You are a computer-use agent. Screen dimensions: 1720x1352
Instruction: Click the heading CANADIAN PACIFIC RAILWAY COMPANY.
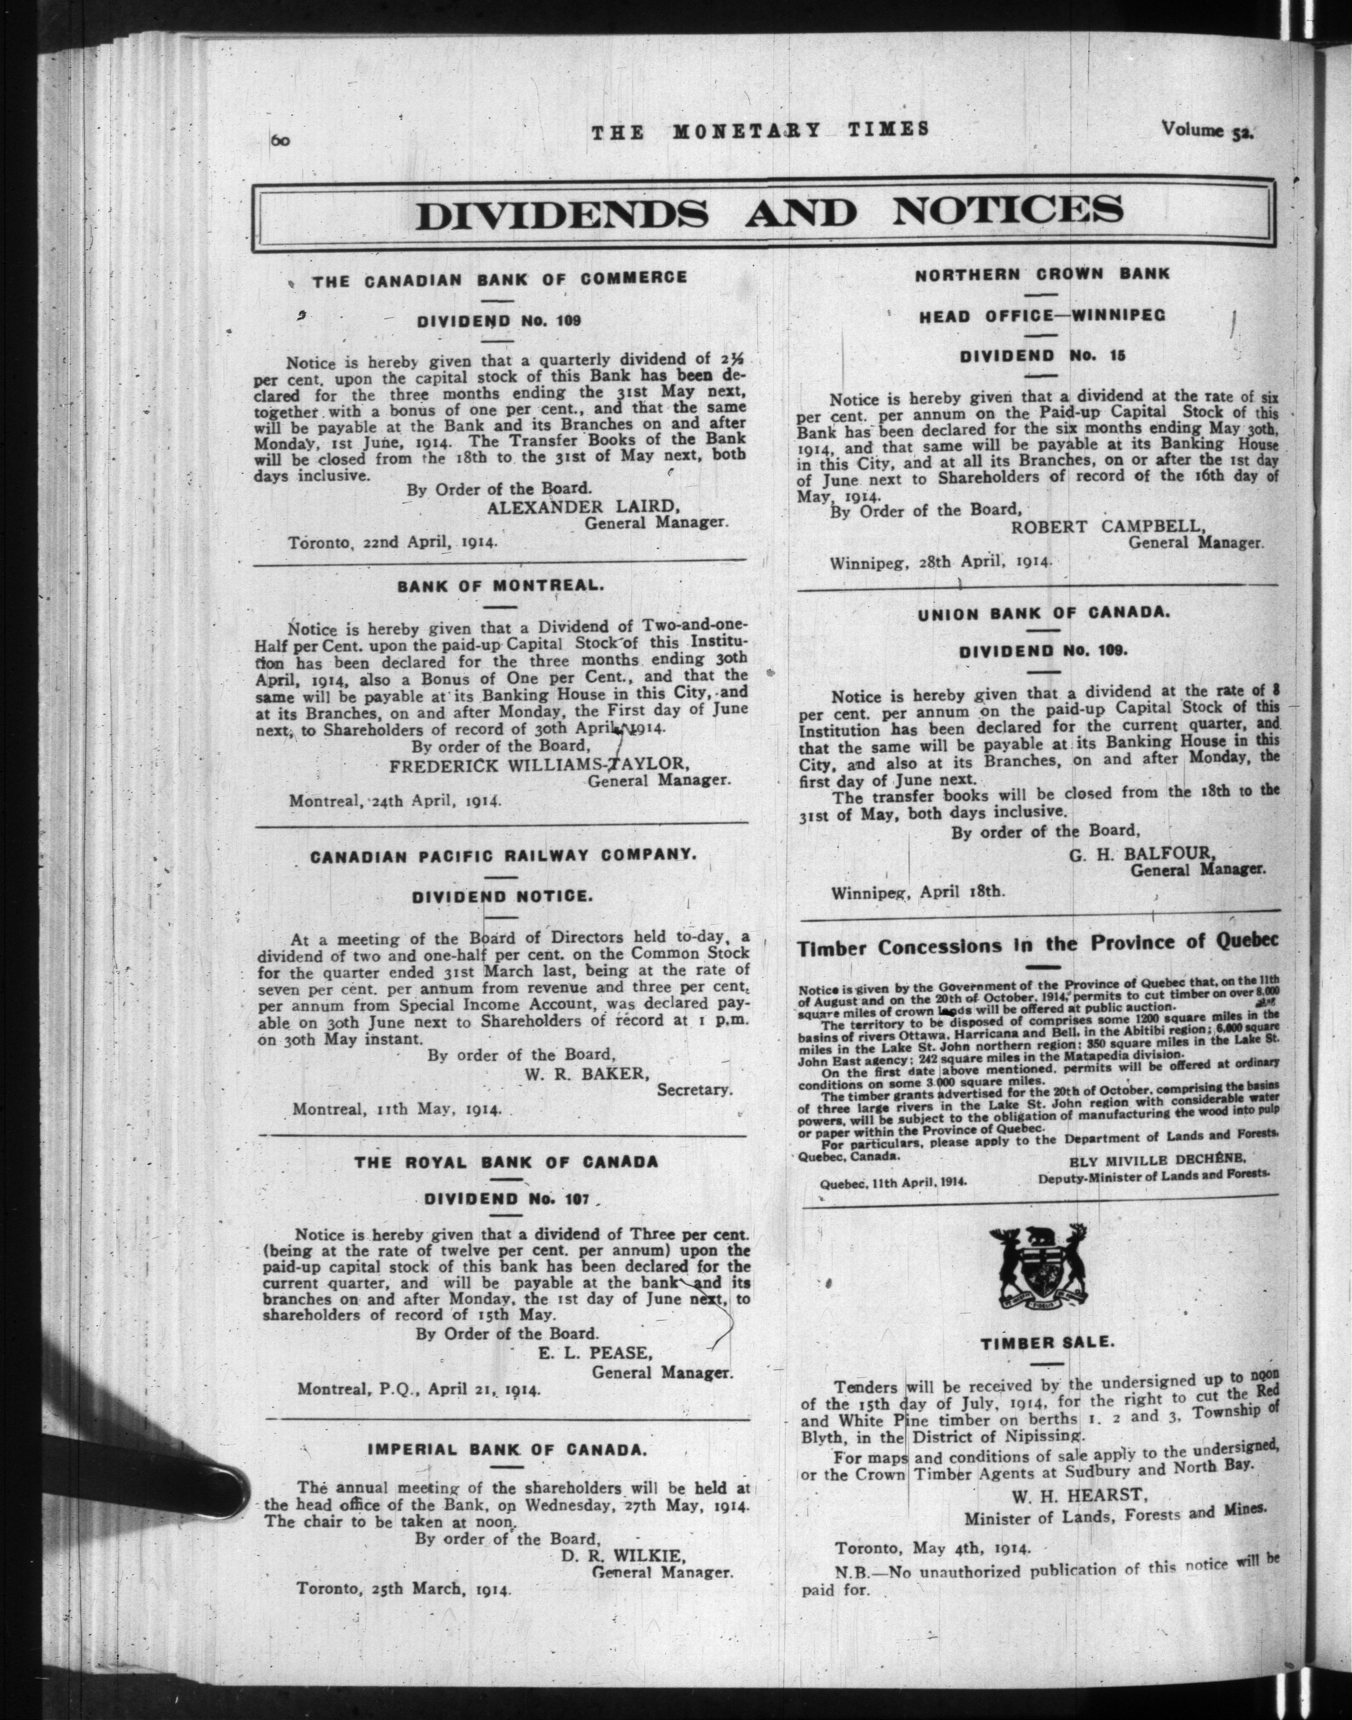[x=503, y=856]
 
